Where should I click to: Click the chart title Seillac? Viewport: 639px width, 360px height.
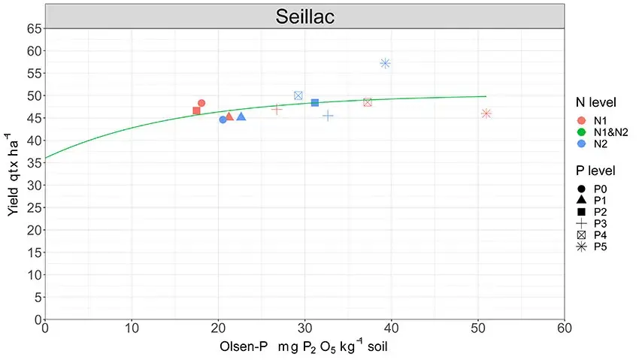tap(304, 17)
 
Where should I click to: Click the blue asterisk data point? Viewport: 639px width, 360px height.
tap(385, 63)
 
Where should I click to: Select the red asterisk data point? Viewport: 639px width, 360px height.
tap(486, 113)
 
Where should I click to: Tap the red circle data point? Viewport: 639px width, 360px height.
tap(201, 103)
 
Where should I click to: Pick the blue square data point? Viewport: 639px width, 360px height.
tap(315, 102)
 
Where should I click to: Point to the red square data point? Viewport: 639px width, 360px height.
tap(196, 110)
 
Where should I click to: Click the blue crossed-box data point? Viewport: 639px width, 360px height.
tap(298, 95)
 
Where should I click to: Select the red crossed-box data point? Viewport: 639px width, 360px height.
tap(368, 102)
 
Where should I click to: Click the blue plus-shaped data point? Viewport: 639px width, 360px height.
tap(328, 116)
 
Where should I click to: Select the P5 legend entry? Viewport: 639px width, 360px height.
tap(599, 246)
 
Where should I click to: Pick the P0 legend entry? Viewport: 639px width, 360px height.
tap(599, 189)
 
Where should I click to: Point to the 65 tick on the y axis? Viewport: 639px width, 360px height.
tap(34, 29)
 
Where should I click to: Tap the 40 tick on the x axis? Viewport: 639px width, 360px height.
tap(391, 328)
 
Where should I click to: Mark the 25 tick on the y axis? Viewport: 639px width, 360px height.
tap(34, 207)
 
